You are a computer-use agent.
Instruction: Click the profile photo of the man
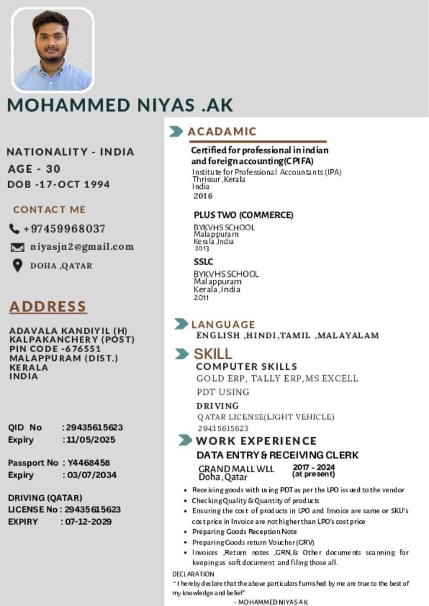pos(53,50)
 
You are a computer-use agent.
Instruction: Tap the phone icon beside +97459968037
pos(15,228)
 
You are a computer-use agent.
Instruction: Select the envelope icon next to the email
pos(18,247)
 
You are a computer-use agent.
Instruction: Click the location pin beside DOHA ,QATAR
pos(18,266)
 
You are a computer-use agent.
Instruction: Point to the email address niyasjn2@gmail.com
pos(82,247)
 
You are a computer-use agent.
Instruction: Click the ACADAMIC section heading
pos(222,131)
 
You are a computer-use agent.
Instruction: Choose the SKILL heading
pos(213,354)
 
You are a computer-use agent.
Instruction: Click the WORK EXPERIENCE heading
pos(256,441)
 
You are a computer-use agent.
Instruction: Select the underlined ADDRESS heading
pos(48,307)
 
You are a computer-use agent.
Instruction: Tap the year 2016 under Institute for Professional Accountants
pos(202,196)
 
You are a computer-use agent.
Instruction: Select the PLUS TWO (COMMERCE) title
pos(243,215)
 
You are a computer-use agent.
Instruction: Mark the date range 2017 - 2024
pos(314,468)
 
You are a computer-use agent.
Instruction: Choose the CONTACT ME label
pos(49,209)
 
